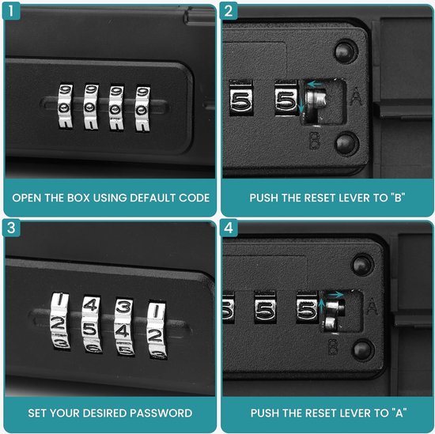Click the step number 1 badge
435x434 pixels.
point(12,12)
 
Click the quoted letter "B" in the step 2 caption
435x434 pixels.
point(395,197)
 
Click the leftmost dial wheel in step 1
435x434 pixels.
point(65,103)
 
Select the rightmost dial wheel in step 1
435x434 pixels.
point(142,103)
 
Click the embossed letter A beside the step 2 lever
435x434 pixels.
point(356,99)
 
